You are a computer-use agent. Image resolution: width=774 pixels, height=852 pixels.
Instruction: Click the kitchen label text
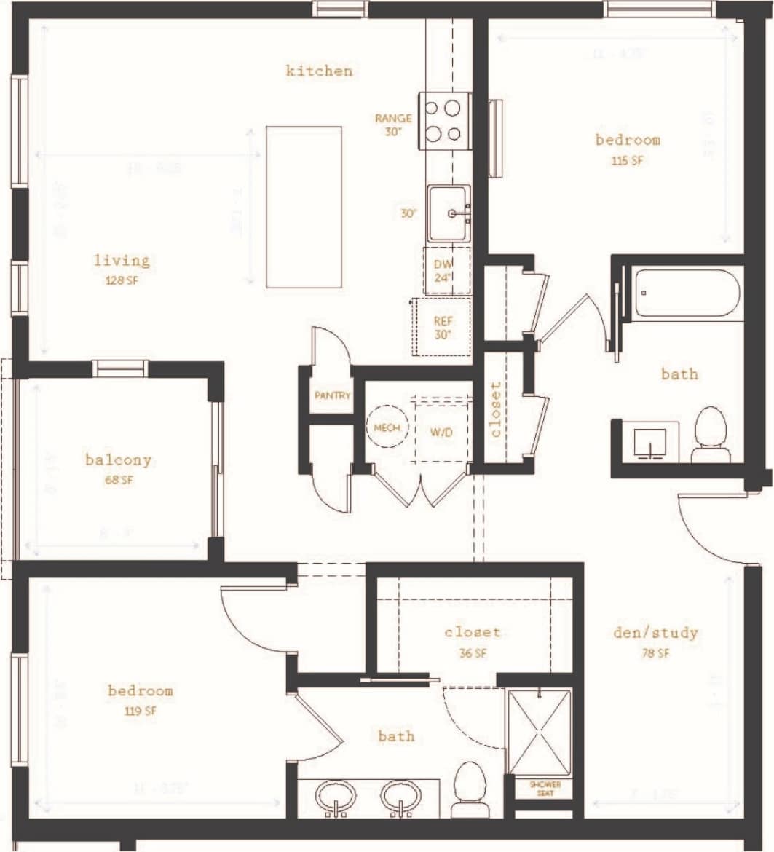pyautogui.click(x=319, y=71)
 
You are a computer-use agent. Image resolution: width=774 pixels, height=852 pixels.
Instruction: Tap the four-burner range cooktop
pyautogui.click(x=444, y=121)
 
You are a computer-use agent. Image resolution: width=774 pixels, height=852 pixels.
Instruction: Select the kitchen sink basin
pyautogui.click(x=449, y=213)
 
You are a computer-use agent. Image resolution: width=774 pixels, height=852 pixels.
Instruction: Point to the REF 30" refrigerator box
pyautogui.click(x=442, y=327)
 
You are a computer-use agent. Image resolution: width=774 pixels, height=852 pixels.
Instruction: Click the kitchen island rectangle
pyautogui.click(x=304, y=207)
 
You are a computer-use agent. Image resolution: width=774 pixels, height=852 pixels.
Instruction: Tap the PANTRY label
pyautogui.click(x=333, y=396)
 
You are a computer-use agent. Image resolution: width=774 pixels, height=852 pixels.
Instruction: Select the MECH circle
pyautogui.click(x=387, y=428)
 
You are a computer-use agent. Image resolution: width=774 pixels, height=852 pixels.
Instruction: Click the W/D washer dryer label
pyautogui.click(x=441, y=432)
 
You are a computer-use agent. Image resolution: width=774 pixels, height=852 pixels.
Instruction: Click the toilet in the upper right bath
pyautogui.click(x=711, y=435)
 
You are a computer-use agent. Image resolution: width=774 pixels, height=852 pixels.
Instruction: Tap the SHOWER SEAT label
pyautogui.click(x=545, y=789)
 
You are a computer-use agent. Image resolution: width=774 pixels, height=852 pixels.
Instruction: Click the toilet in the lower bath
pyautogui.click(x=469, y=790)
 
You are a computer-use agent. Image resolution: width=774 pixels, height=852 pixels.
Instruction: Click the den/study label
pyautogui.click(x=655, y=632)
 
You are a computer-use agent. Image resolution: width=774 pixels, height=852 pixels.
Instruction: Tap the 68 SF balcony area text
pyautogui.click(x=119, y=481)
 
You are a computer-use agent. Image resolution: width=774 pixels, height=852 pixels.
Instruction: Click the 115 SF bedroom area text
pyautogui.click(x=628, y=160)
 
